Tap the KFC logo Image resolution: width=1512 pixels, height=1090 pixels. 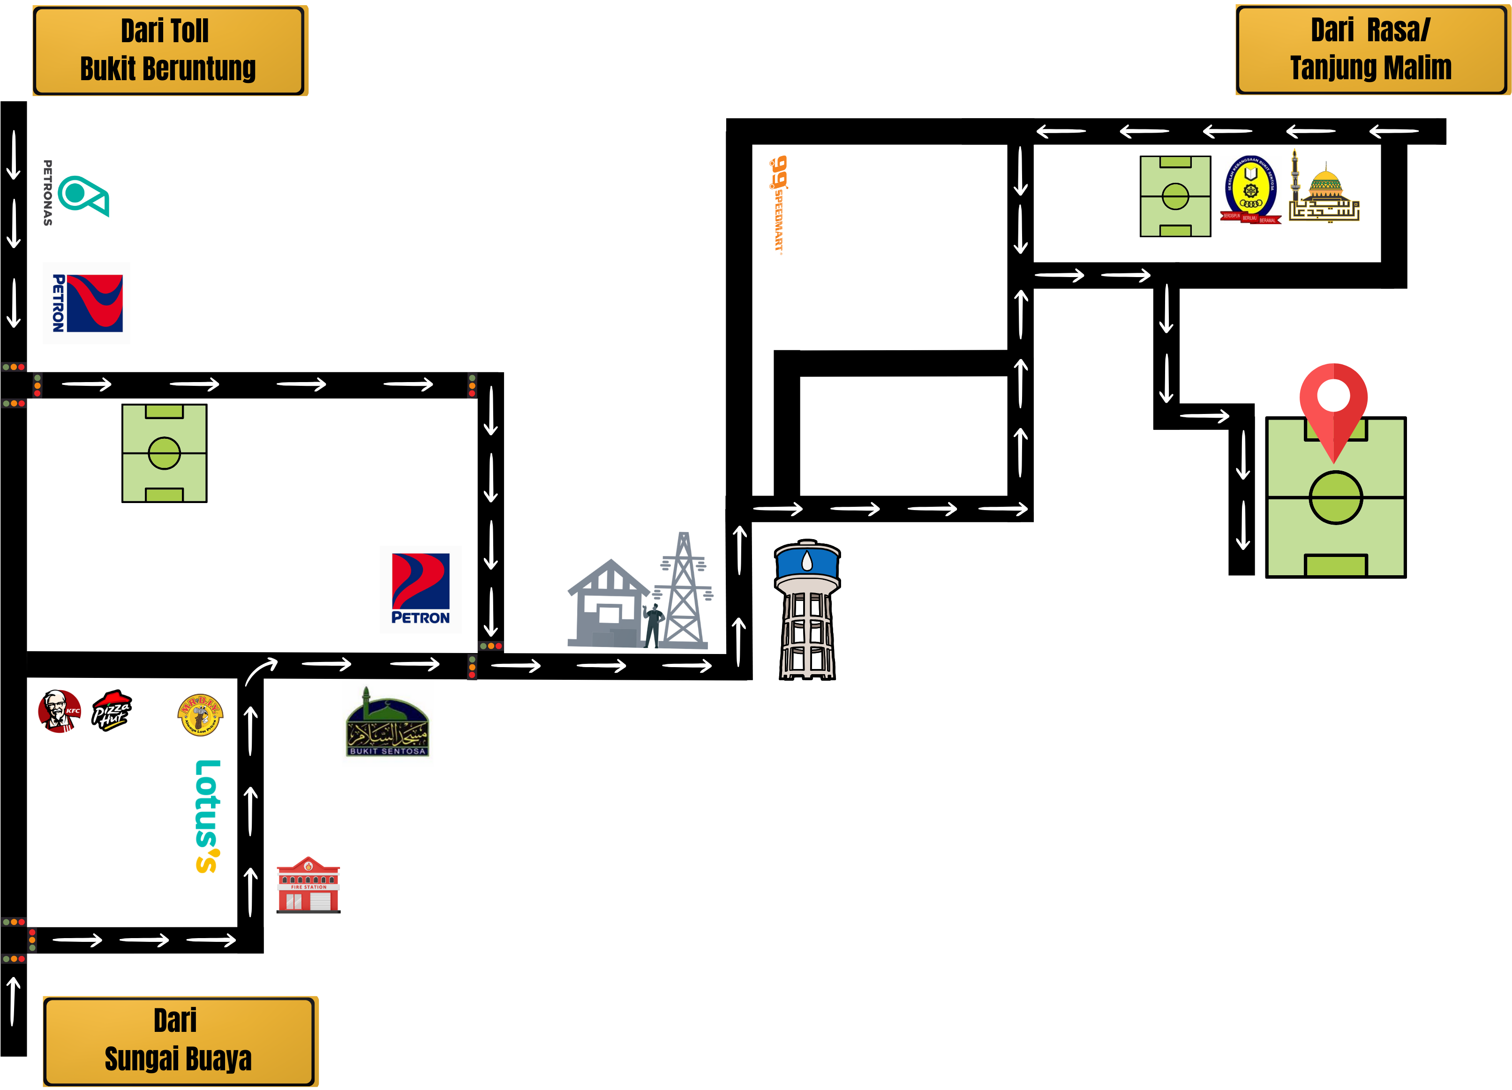[60, 711]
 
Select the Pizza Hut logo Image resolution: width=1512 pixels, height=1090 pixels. [111, 711]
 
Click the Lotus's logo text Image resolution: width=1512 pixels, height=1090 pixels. [207, 816]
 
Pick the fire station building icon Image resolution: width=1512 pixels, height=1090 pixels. [308, 885]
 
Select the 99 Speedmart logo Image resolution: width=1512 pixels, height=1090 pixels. [778, 203]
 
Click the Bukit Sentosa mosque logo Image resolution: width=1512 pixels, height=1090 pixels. [387, 723]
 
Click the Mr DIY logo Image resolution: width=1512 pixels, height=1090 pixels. [201, 714]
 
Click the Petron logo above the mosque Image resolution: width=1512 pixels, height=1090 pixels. [421, 589]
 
